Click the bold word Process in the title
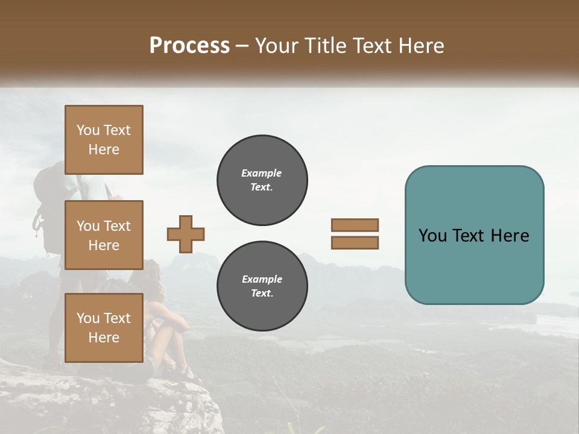(x=189, y=46)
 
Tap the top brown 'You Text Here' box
(x=104, y=140)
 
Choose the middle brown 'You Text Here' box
(x=104, y=235)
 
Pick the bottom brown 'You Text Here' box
(x=104, y=327)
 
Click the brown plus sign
(x=186, y=234)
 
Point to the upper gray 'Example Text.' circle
(x=262, y=180)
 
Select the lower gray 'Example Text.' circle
(x=262, y=286)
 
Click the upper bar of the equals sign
(x=355, y=225)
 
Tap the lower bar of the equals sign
(x=355, y=242)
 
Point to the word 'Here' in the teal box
(x=510, y=236)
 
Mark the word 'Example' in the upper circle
(x=262, y=173)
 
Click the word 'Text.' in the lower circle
(x=262, y=294)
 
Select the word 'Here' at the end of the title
(x=422, y=46)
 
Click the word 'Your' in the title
(x=274, y=46)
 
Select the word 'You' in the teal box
(x=432, y=236)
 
